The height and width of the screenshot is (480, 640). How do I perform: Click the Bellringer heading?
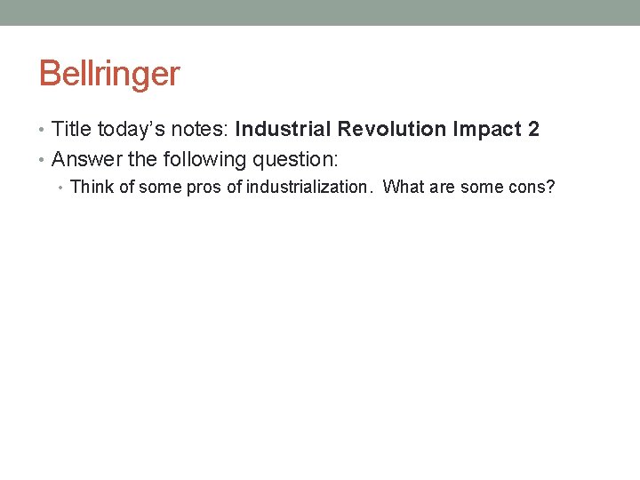[108, 74]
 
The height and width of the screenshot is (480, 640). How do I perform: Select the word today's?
[130, 130]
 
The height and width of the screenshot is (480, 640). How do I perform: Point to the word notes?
[201, 130]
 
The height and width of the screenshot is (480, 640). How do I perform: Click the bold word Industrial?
[284, 130]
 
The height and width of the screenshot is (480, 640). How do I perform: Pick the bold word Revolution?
[392, 130]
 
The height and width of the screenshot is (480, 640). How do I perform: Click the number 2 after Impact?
[533, 130]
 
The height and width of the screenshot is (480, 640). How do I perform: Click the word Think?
[89, 188]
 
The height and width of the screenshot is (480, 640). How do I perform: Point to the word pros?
[204, 188]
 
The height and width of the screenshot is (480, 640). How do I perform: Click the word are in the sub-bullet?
[442, 188]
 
